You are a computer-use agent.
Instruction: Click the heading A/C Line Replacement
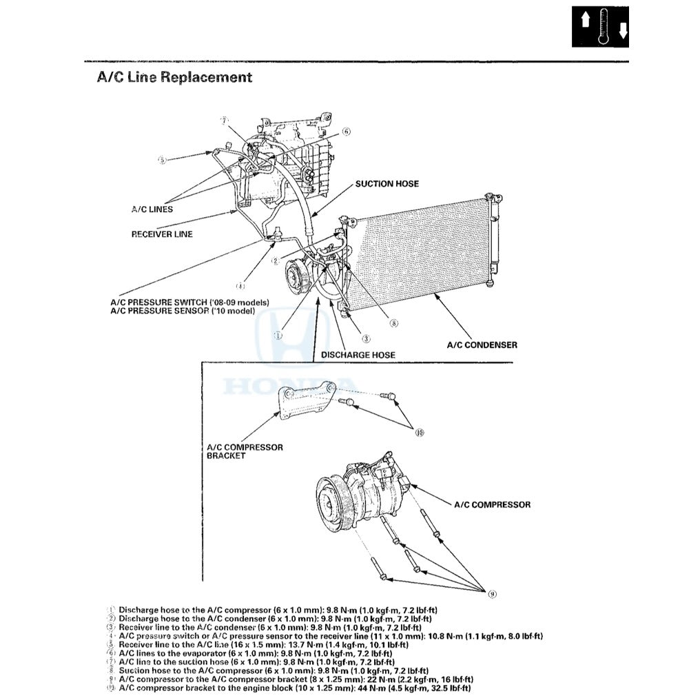pos(174,77)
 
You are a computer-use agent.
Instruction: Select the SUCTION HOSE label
pos(387,184)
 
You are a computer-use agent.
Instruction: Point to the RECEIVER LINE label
pos(162,234)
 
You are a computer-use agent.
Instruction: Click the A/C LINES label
pos(152,209)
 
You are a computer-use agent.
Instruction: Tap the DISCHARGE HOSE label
pos(358,355)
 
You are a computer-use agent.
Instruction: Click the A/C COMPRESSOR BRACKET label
pos(245,451)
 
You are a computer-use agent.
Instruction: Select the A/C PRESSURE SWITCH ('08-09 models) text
pos(189,302)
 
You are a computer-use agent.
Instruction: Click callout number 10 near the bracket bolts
pos(420,433)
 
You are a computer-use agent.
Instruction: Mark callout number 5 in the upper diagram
pos(162,160)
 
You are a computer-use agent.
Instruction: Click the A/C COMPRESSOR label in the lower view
pos(492,504)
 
